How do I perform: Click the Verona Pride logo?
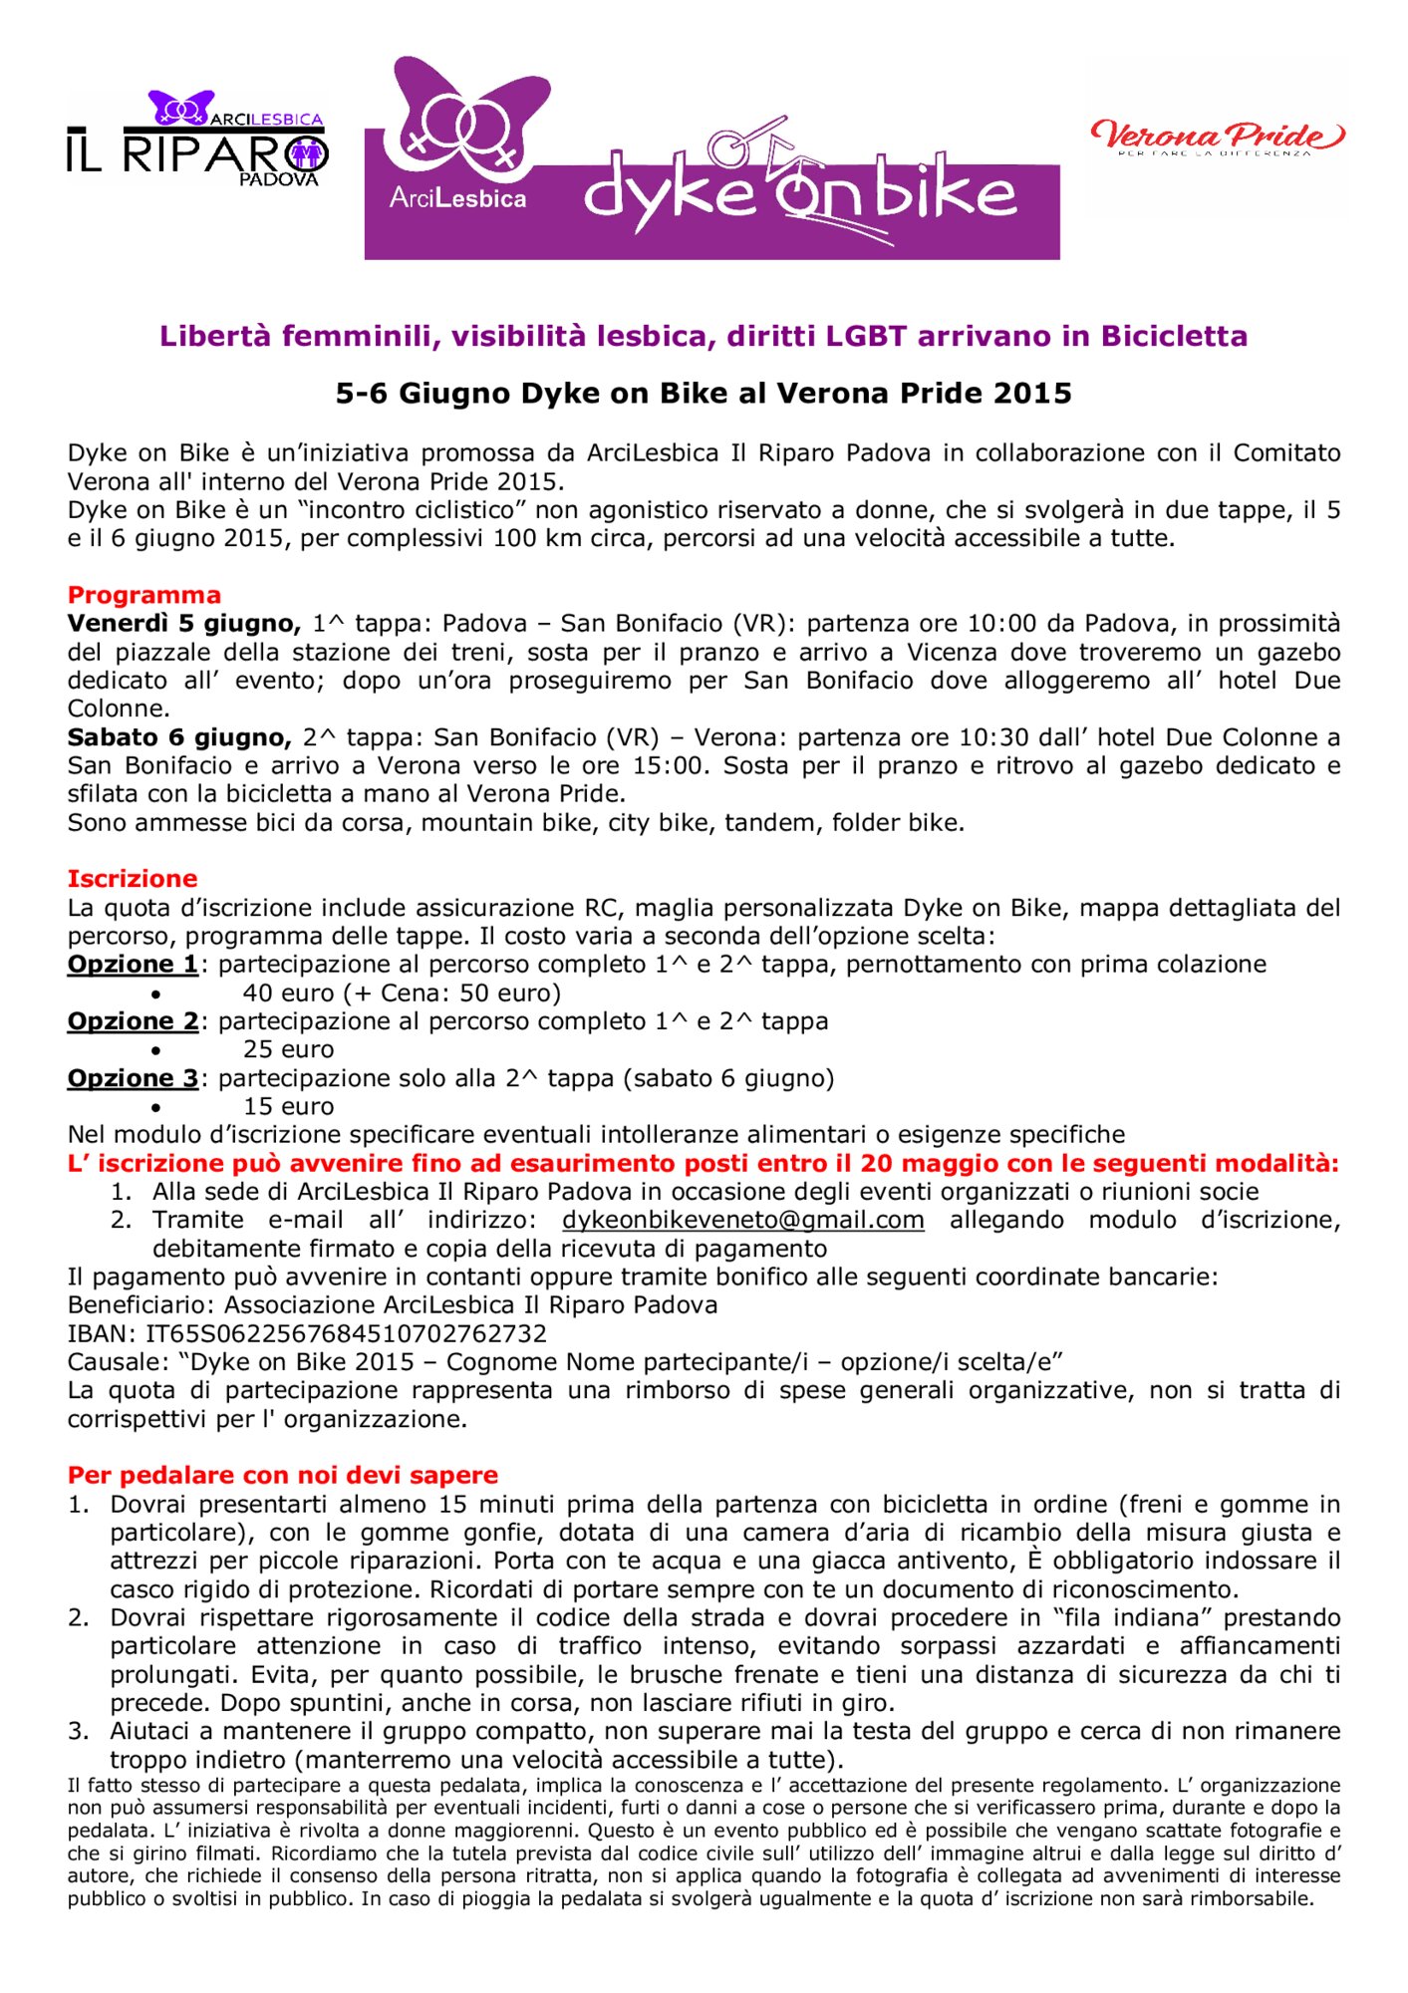1217,137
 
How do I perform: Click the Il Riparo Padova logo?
197,141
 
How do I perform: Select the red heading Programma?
144,595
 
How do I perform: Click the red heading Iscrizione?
133,879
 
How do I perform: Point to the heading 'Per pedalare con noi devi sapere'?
283,1475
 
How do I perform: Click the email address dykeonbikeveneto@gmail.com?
742,1220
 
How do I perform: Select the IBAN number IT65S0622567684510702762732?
346,1333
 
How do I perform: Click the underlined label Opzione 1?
133,965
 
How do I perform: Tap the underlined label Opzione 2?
133,1021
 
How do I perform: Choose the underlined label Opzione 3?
133,1078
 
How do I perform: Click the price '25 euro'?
288,1049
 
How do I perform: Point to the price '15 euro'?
288,1106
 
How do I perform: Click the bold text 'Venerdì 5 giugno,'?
184,624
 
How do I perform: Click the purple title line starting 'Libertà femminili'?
704,336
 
